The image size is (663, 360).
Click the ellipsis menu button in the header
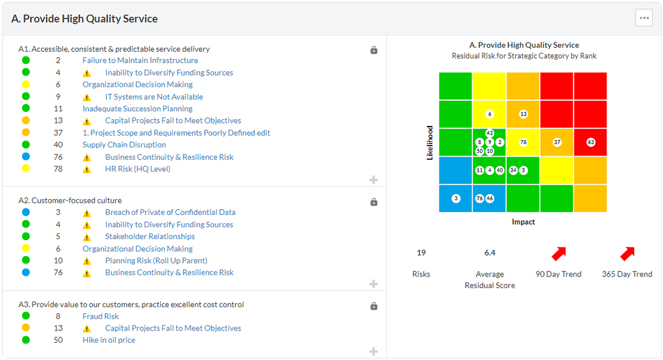coord(644,18)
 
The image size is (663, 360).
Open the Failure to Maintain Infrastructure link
coord(140,60)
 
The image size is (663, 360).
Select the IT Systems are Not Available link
coord(153,96)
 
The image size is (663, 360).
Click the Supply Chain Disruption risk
coord(124,145)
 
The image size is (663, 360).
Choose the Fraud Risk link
coord(101,316)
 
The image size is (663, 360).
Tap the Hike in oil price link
coord(109,340)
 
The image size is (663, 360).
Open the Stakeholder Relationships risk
coord(150,237)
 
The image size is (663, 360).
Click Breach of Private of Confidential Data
coord(170,213)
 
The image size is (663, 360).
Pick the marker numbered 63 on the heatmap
coord(591,143)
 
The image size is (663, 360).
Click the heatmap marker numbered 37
coord(557,143)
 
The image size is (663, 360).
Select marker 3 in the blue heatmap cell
coord(456,198)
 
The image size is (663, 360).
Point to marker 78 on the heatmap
coord(523,143)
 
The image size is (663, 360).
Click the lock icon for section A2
coord(374,202)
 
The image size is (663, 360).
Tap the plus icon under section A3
coord(373,351)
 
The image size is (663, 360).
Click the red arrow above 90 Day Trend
coord(559,254)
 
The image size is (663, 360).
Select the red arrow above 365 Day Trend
coord(627,254)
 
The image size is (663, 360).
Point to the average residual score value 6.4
coord(489,252)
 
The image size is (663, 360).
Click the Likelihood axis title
coord(430,143)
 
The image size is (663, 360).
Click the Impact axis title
coord(523,222)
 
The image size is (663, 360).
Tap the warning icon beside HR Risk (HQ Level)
coord(87,170)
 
